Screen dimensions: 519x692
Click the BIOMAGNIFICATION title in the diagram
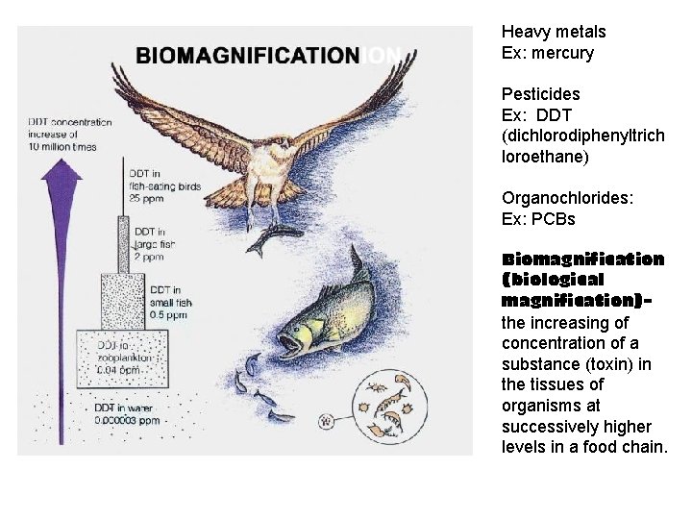[x=247, y=55]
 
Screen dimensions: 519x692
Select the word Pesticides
[x=540, y=94]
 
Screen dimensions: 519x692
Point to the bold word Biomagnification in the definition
[x=582, y=259]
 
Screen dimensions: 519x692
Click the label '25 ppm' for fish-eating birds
[x=147, y=198]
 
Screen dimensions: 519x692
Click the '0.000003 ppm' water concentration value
[x=127, y=419]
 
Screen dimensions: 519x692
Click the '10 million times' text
[x=65, y=147]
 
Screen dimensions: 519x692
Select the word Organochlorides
[x=563, y=198]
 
